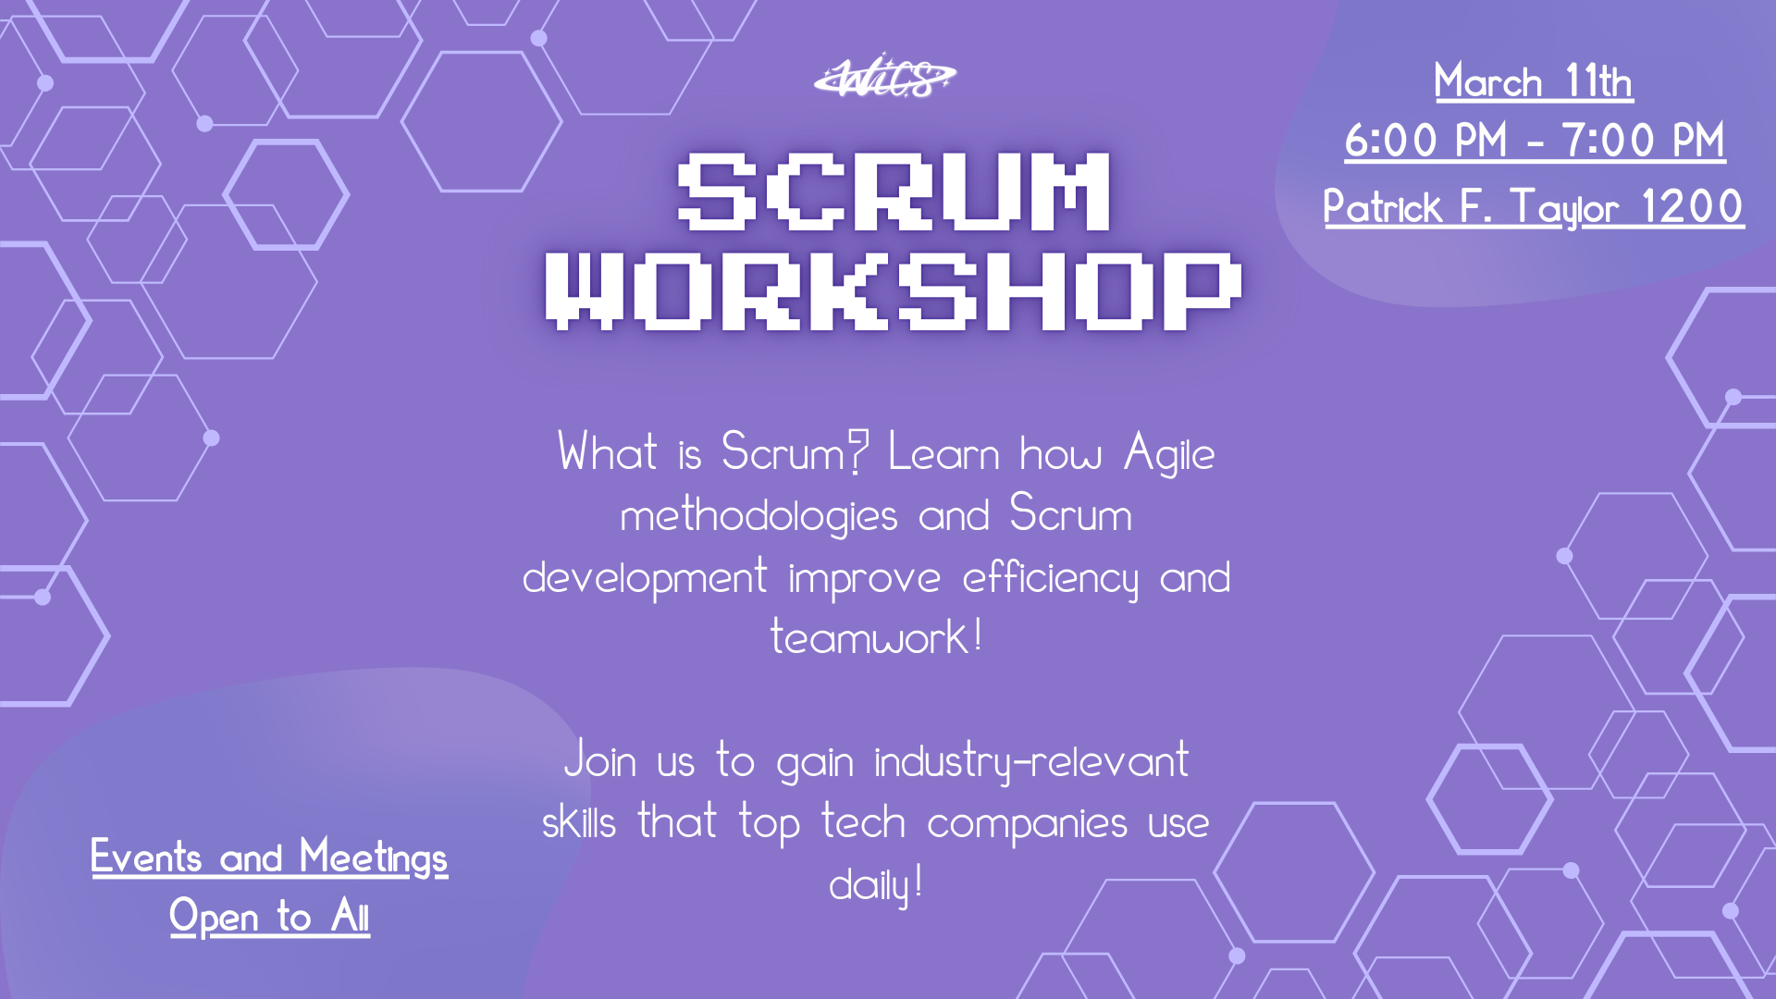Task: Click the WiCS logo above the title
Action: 885,77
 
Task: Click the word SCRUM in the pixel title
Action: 894,191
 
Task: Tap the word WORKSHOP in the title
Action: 894,291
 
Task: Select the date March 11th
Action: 1534,81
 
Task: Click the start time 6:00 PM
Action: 1426,141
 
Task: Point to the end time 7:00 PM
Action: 1644,141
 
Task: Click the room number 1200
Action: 1693,206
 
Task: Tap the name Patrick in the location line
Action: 1383,206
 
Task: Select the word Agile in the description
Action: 1169,454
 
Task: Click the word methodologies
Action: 758,516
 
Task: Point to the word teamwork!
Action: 876,637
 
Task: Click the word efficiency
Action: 1050,578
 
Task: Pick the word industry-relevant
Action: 1031,762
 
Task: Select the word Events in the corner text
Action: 146,857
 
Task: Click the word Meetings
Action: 374,858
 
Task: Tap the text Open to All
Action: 269,918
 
